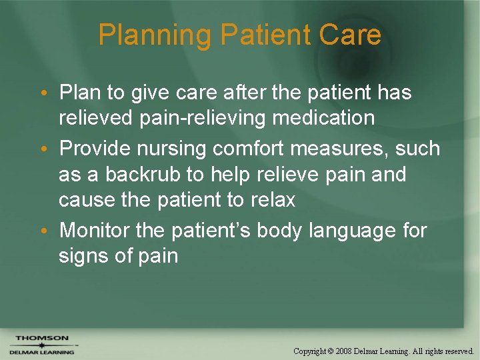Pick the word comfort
265,149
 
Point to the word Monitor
94,231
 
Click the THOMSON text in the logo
42,337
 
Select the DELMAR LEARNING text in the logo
42,351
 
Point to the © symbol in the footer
330,351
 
